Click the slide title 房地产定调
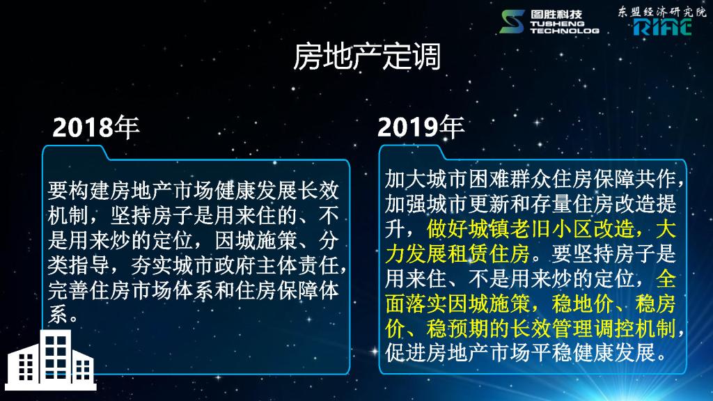coord(366,57)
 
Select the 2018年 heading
coord(95,127)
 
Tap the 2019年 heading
coord(421,127)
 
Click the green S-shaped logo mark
coord(512,22)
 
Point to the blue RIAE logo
coord(663,27)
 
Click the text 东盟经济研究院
coord(661,12)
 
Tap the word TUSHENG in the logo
coord(557,23)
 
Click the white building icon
coord(50,360)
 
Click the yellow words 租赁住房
coord(489,253)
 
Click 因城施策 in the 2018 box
coord(256,240)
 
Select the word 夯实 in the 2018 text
coord(152,265)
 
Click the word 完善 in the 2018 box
coord(68,290)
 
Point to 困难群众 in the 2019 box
coord(510,179)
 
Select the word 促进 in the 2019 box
coord(406,353)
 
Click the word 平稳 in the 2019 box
coord(551,353)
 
